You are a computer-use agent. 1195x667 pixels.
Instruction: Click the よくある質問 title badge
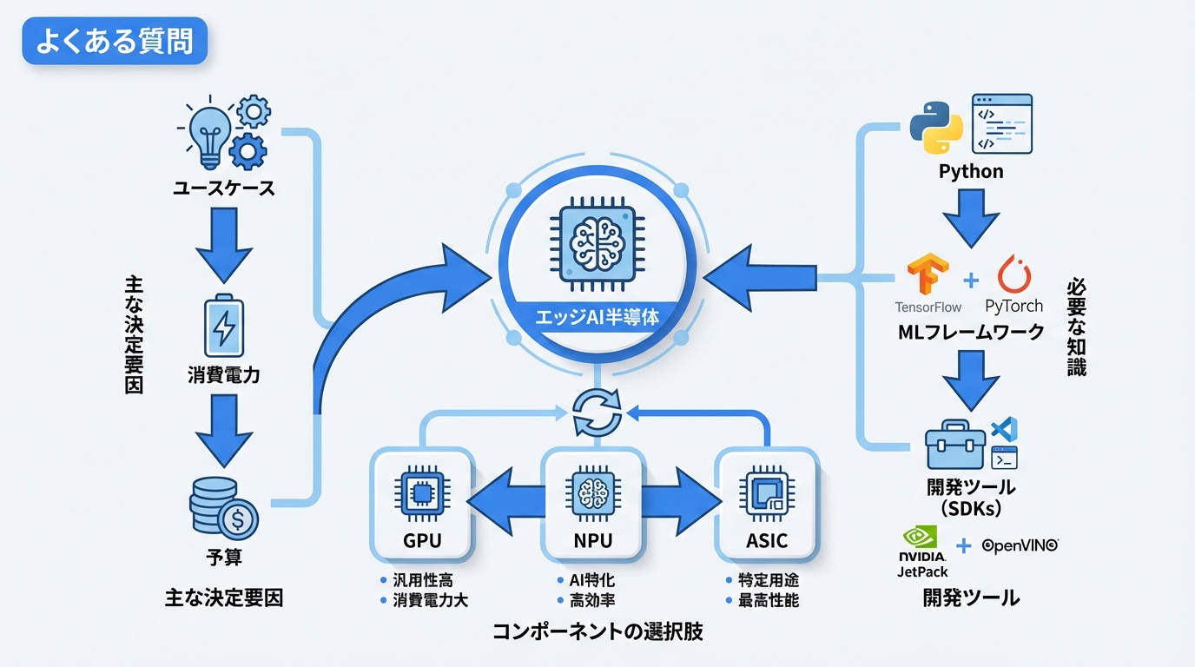tap(115, 42)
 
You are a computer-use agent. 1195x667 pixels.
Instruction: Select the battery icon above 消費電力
tap(223, 327)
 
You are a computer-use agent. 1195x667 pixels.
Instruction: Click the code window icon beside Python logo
tap(1001, 123)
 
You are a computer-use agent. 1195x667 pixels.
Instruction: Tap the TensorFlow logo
tap(927, 276)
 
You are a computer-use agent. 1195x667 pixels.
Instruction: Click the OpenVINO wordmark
tap(1020, 545)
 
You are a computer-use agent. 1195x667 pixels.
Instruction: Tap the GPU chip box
tap(422, 504)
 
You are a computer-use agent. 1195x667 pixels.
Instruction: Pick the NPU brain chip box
tap(593, 504)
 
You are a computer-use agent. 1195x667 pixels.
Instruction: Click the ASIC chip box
tap(767, 504)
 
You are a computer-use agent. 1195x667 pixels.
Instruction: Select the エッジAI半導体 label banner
tap(597, 317)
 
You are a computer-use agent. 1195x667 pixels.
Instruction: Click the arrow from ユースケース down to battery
tap(223, 247)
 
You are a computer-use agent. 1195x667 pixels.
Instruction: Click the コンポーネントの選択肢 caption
tap(597, 632)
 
